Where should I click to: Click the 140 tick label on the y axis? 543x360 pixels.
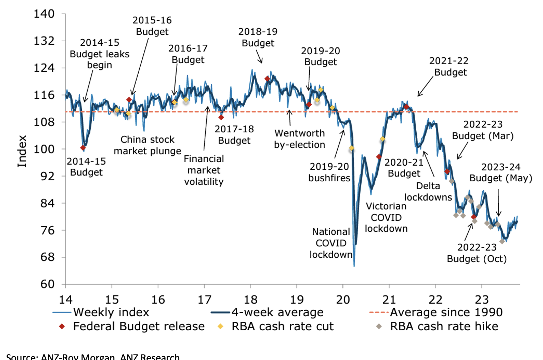44,14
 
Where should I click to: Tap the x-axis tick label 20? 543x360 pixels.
343,300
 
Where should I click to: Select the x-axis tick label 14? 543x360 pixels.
65,300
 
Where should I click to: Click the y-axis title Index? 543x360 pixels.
22,151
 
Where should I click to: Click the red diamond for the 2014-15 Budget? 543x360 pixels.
83,148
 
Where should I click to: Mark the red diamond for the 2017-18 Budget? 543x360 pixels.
221,117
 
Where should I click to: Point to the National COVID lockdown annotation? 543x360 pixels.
331,243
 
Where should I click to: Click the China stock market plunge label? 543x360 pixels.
147,145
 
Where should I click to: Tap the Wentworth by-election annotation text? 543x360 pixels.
299,139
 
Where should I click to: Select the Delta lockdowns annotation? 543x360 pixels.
428,192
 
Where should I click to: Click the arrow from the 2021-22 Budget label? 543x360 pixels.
425,87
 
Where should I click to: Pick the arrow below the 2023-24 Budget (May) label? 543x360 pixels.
498,203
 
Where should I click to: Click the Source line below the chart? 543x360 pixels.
93,357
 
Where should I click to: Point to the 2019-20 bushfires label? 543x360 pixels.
329,172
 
